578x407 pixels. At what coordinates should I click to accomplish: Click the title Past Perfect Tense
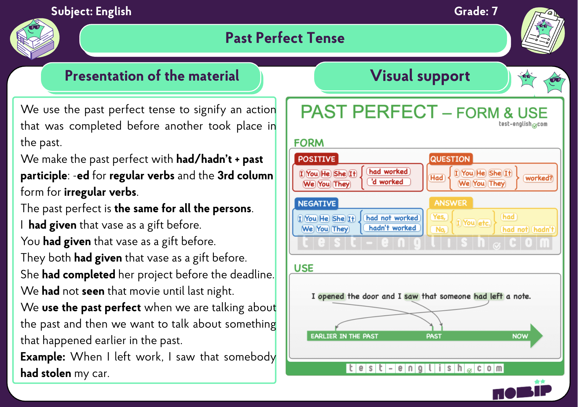[285, 38]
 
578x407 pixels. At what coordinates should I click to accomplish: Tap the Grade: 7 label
[476, 11]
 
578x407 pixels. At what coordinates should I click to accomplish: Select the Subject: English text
[91, 11]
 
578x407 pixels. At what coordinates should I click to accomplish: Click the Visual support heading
[420, 76]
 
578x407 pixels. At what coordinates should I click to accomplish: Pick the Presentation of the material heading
[152, 76]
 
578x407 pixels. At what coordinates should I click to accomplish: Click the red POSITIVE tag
[316, 159]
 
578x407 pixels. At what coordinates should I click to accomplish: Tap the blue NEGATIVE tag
[317, 203]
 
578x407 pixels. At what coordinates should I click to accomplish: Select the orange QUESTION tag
[450, 159]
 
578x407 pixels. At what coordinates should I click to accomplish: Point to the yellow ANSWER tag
[451, 203]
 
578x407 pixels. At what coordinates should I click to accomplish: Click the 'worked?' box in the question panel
[539, 178]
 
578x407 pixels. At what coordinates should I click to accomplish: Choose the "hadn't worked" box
[392, 228]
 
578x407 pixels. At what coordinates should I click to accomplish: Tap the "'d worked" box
[389, 182]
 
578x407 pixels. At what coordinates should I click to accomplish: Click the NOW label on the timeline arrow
[520, 336]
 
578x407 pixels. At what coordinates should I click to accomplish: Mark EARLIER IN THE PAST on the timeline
[344, 336]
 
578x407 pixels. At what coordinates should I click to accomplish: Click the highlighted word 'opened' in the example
[331, 296]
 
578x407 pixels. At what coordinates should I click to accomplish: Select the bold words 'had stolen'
[46, 373]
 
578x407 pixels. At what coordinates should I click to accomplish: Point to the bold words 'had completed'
[79, 274]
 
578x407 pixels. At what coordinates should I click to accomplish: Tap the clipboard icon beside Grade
[543, 31]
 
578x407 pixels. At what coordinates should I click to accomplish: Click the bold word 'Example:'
[43, 357]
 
